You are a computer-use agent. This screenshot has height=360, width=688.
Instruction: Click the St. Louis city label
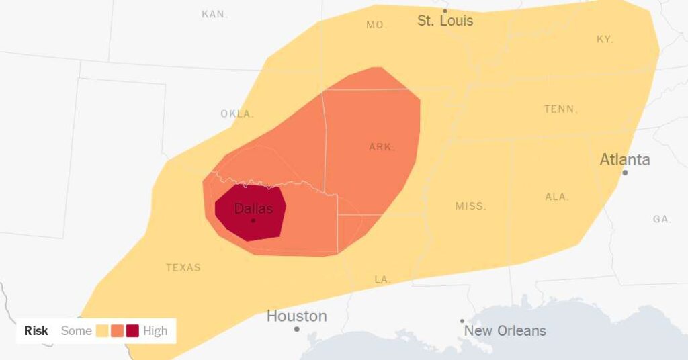445,21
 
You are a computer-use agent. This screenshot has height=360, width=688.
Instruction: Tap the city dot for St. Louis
444,11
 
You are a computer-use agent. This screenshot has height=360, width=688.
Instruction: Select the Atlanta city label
624,160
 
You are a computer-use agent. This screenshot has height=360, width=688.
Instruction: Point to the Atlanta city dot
625,173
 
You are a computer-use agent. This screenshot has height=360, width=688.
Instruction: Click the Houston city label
296,316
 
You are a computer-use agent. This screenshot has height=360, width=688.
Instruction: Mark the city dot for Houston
296,329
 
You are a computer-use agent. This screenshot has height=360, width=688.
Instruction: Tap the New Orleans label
505,330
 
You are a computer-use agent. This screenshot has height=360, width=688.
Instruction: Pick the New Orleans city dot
462,322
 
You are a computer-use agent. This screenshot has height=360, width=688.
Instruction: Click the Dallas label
253,209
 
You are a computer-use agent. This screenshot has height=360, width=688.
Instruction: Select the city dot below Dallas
253,220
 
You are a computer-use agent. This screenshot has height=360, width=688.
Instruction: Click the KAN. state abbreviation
215,14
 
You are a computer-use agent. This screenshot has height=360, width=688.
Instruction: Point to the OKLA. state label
237,114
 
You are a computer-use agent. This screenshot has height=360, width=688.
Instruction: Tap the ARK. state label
382,147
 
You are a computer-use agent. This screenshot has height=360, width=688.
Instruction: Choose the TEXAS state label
183,267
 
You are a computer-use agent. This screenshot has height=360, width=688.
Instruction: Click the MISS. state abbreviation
470,206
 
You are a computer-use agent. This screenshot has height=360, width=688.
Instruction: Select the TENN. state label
560,109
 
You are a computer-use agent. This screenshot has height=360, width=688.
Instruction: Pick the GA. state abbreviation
661,219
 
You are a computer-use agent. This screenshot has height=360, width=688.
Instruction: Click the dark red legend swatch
132,330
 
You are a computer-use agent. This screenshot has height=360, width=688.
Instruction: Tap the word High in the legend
155,330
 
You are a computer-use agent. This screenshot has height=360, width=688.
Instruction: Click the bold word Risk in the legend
36,330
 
